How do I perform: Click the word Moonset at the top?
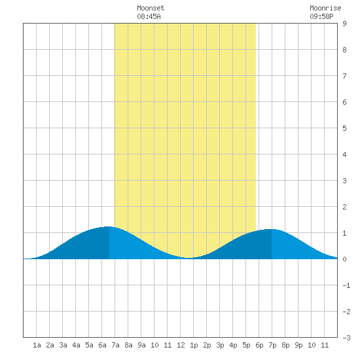[151, 8]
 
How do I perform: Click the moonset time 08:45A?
[149, 16]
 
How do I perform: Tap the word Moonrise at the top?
[325, 8]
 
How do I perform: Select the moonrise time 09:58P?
[321, 16]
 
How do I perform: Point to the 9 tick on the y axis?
[344, 24]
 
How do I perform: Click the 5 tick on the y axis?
[344, 128]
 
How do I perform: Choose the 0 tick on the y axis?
[344, 259]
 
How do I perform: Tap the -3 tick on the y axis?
[346, 338]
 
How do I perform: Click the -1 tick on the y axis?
[346, 285]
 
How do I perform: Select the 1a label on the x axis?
[37, 345]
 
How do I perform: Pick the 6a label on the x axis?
[102, 345]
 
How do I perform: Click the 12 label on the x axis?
[181, 345]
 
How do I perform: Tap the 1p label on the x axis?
[194, 345]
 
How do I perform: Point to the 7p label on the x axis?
[272, 345]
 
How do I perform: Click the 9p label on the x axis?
[298, 345]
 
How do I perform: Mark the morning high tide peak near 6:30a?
[109, 226]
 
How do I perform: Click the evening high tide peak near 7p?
[272, 229]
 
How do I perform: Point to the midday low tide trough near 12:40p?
[189, 258]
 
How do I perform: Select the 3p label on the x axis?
[220, 345]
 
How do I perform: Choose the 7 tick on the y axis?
[344, 76]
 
